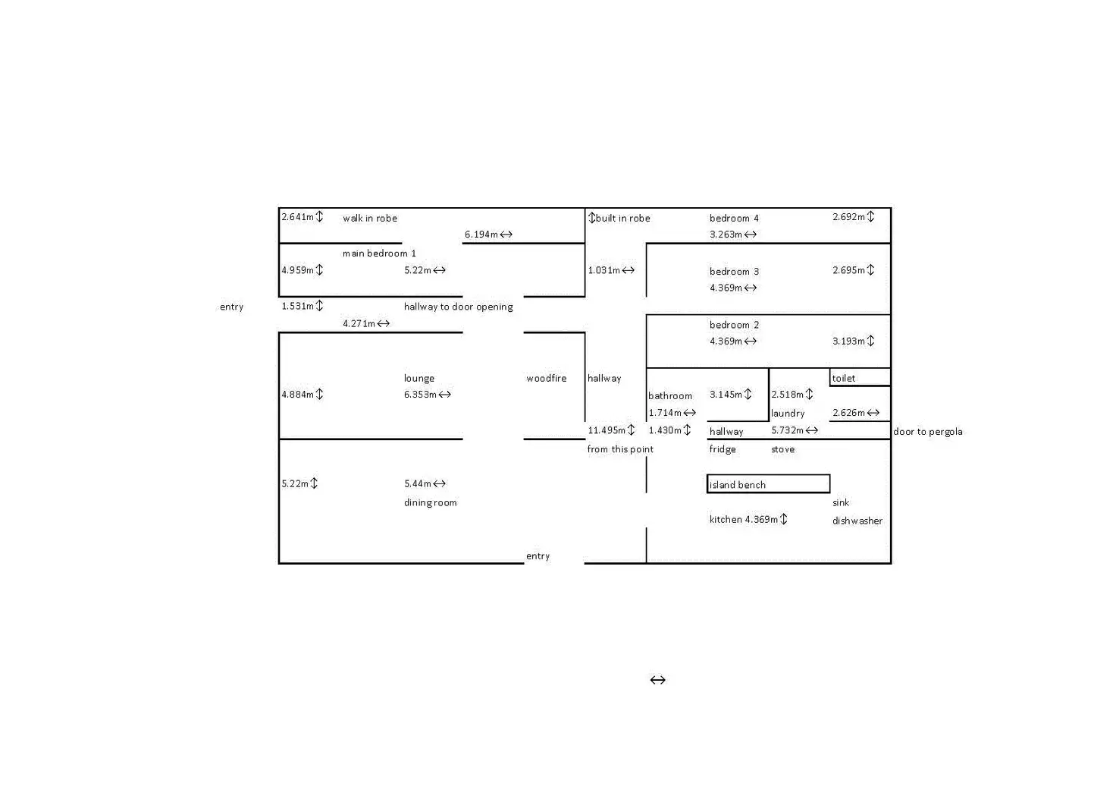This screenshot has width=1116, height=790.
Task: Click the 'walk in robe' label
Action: (x=369, y=219)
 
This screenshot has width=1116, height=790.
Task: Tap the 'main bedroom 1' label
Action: (x=379, y=253)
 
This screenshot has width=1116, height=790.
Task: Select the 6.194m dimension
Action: (x=488, y=234)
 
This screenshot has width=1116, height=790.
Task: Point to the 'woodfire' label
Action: (x=546, y=378)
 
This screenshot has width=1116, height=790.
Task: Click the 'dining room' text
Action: (x=430, y=502)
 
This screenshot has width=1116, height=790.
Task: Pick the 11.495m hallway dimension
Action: (x=611, y=430)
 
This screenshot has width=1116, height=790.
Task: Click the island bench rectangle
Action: (x=768, y=484)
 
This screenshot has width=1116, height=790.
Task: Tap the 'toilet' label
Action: (x=844, y=378)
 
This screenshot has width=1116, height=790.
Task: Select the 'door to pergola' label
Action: (x=927, y=432)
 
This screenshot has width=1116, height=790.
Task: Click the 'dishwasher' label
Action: (x=857, y=521)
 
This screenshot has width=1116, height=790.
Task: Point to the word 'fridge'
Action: (x=723, y=449)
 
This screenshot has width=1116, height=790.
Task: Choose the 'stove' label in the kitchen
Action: (x=782, y=449)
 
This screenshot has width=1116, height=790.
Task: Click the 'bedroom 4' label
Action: (x=734, y=219)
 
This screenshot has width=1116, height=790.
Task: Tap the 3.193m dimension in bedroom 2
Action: (x=853, y=341)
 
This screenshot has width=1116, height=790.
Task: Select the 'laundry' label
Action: (x=788, y=414)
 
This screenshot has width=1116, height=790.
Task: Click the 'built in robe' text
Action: (x=622, y=219)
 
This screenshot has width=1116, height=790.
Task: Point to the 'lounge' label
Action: (x=418, y=378)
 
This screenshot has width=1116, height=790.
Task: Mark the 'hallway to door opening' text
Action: (x=458, y=307)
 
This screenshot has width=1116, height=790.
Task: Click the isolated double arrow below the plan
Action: (x=657, y=680)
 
